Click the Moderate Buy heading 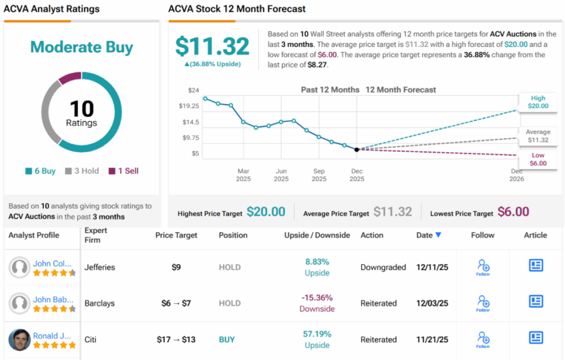(82, 47)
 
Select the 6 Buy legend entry (40, 171)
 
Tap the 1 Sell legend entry (123, 171)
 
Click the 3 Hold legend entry (82, 171)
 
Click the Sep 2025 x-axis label (319, 175)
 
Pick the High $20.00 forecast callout (538, 102)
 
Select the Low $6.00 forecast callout (538, 159)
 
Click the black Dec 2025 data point (356, 149)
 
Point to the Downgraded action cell (383, 267)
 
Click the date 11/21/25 (432, 340)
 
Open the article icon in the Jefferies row (536, 265)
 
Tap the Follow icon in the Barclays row (483, 302)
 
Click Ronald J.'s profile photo (20, 340)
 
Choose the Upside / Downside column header (317, 235)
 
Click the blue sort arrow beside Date (438, 235)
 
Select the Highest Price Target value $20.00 (266, 212)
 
